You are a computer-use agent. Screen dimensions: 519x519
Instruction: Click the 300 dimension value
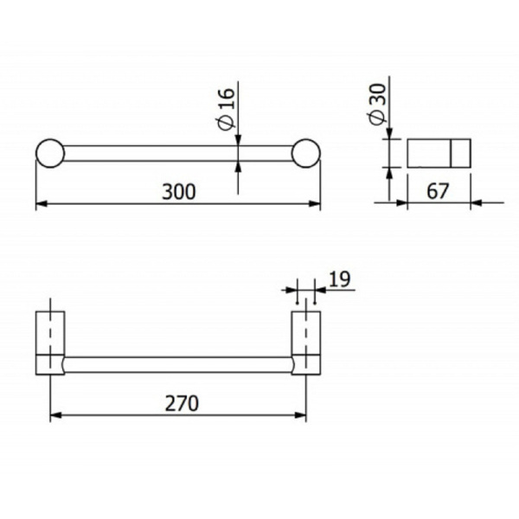point(178,192)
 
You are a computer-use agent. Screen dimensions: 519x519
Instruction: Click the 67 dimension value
point(439,191)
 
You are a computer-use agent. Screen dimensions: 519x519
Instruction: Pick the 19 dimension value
point(339,279)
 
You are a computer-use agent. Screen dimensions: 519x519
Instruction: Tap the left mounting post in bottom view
point(50,342)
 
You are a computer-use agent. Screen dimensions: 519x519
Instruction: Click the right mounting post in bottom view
point(306,342)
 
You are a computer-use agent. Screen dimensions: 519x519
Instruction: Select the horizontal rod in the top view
point(178,153)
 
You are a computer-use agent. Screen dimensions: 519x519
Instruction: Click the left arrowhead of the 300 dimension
point(40,205)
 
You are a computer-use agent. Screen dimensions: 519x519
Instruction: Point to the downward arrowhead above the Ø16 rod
point(238,141)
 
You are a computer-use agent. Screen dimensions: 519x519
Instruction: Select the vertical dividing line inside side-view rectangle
point(451,153)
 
